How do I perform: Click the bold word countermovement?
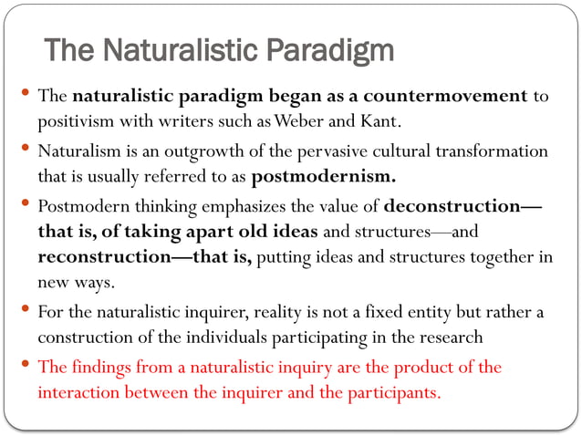452,96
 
